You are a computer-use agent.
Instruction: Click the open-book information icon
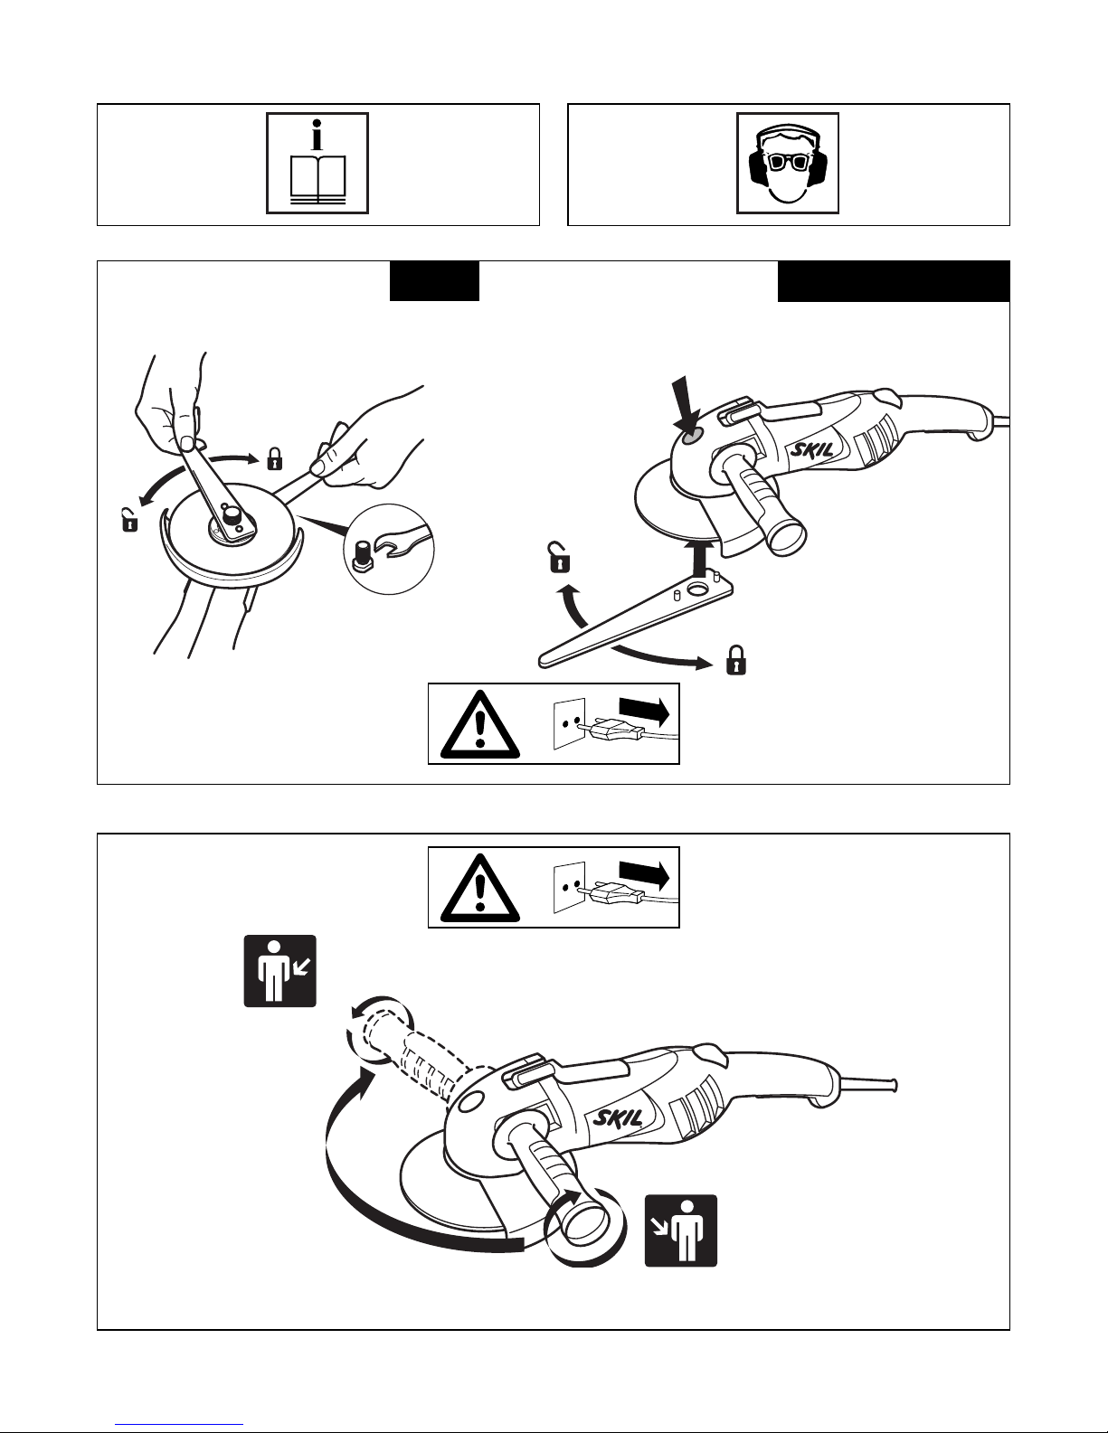click(x=317, y=163)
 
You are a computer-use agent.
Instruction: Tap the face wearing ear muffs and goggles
click(x=788, y=163)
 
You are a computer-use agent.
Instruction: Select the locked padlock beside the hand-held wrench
click(x=274, y=458)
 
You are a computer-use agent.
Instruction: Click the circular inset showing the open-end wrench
click(x=389, y=549)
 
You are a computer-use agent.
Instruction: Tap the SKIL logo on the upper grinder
click(x=812, y=451)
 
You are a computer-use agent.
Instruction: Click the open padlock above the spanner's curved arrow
click(x=559, y=557)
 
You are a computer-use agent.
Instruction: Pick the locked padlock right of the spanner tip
click(x=736, y=659)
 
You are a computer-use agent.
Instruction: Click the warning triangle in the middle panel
click(x=480, y=725)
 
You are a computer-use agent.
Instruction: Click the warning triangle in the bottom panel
click(x=480, y=889)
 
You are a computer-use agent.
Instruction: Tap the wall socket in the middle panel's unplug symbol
click(x=569, y=723)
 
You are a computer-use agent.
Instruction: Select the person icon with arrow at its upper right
click(x=280, y=971)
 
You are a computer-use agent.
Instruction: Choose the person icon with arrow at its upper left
click(x=680, y=1230)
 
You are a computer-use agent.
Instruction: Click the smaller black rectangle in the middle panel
click(x=435, y=281)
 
